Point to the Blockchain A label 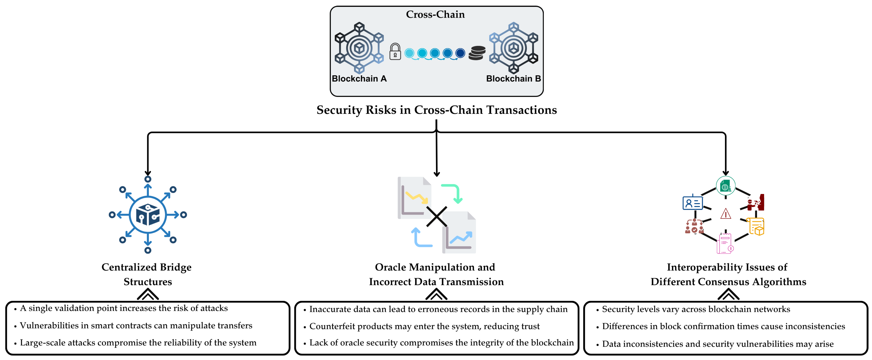(x=359, y=79)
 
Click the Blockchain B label (x=513, y=79)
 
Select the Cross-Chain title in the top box (x=435, y=15)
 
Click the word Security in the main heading (x=339, y=110)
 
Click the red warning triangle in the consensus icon (x=726, y=214)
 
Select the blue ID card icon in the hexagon (x=692, y=203)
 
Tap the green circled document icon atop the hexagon (x=726, y=186)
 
